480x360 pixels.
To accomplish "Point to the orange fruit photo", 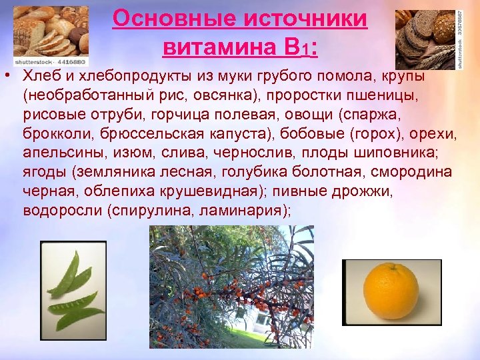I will click(x=392, y=292).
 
